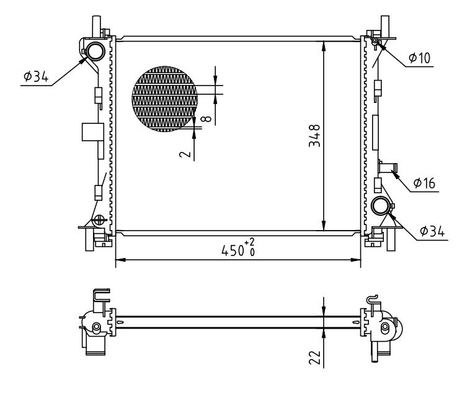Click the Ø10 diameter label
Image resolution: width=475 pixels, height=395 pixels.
[419, 58]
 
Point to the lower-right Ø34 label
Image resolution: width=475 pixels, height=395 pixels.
[431, 231]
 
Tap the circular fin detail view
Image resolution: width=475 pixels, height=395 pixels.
[164, 99]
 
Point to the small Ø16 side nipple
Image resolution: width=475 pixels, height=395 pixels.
[388, 167]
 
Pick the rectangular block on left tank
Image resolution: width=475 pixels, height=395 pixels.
[91, 133]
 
